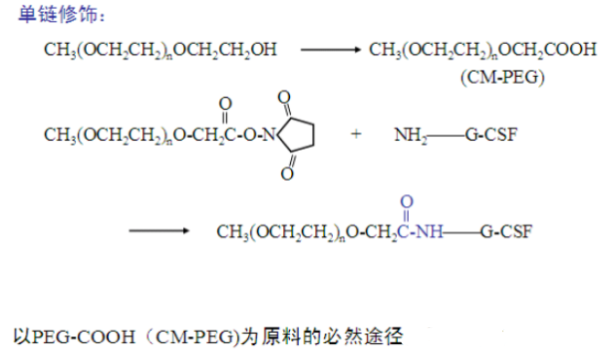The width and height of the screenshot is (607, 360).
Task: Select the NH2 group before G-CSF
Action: point(410,134)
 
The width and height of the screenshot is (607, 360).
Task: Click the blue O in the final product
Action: point(405,199)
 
